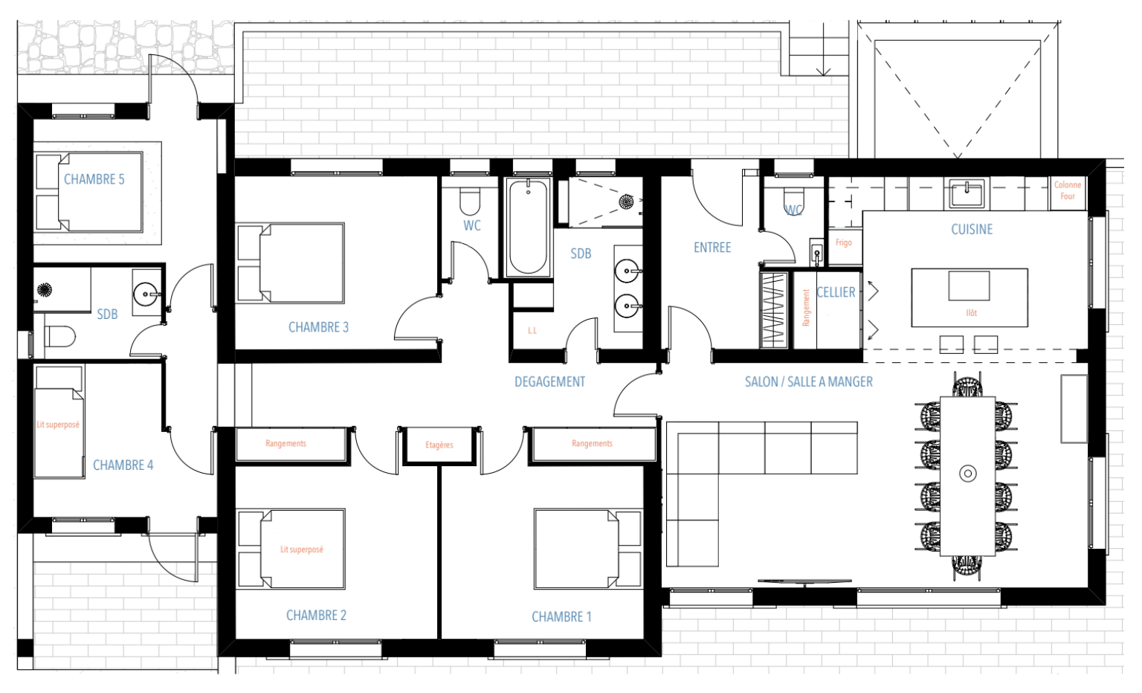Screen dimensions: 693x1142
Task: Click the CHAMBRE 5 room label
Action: pyautogui.click(x=94, y=179)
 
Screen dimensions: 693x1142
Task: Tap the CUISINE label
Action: pyautogui.click(x=972, y=230)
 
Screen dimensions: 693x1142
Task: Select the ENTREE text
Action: pyautogui.click(x=712, y=248)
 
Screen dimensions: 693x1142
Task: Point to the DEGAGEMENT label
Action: pyautogui.click(x=549, y=381)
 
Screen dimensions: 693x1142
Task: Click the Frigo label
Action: pyautogui.click(x=843, y=243)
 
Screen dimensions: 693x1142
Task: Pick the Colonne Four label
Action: pyautogui.click(x=1068, y=190)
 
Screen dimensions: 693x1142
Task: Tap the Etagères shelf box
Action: pyautogui.click(x=439, y=445)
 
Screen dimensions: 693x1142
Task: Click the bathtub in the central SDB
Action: pyautogui.click(x=529, y=227)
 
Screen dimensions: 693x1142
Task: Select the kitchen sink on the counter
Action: pyautogui.click(x=967, y=195)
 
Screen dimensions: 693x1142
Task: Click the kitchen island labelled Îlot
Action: pyautogui.click(x=970, y=297)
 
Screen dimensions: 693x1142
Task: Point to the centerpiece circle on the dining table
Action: pyautogui.click(x=967, y=473)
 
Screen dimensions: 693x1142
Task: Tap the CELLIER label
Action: pyautogui.click(x=836, y=292)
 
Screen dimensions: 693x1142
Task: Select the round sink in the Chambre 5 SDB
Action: pyautogui.click(x=146, y=294)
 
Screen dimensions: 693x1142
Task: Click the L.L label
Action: pyautogui.click(x=532, y=331)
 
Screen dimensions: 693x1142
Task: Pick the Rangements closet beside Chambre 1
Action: pyautogui.click(x=592, y=444)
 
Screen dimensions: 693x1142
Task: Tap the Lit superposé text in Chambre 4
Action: pyautogui.click(x=58, y=425)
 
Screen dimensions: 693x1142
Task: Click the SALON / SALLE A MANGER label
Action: pyautogui.click(x=809, y=381)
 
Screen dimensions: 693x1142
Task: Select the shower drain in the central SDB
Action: pyautogui.click(x=626, y=201)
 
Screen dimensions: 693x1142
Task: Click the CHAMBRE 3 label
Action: pyautogui.click(x=318, y=327)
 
